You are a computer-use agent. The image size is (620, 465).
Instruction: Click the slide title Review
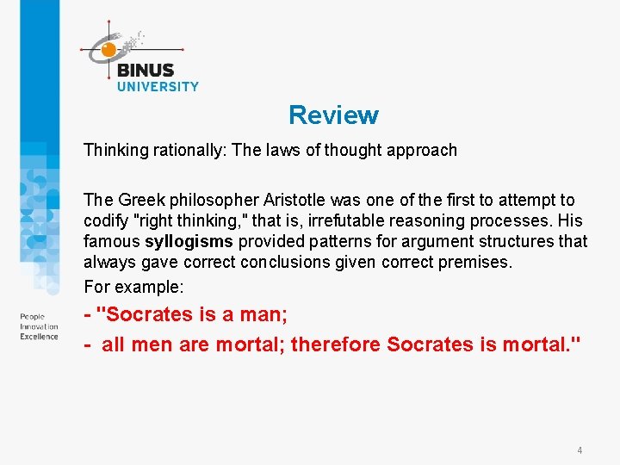point(333,115)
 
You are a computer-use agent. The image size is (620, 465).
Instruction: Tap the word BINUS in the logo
point(145,71)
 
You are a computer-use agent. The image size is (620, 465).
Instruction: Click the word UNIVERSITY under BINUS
point(158,86)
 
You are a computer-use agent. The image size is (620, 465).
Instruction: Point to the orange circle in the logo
point(108,50)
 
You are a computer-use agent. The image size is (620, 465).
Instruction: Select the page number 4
point(580,450)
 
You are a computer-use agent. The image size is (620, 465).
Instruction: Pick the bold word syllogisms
point(189,241)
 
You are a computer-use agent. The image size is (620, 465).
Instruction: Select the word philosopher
point(207,200)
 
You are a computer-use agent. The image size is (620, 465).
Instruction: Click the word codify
point(105,220)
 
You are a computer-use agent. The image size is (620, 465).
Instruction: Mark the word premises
point(478,262)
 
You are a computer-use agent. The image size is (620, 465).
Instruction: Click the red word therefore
point(336,344)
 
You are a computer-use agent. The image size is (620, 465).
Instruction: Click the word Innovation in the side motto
point(39,326)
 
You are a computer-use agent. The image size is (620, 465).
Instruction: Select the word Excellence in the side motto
point(40,336)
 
